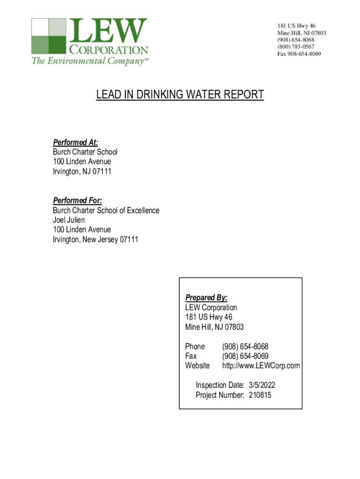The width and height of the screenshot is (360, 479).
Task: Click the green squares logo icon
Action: click(49, 36)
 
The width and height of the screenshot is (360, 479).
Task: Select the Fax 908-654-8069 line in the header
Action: click(299, 54)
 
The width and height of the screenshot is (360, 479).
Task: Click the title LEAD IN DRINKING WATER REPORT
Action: click(180, 95)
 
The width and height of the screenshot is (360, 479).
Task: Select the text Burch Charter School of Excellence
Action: click(106, 210)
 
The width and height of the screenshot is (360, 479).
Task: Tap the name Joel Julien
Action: click(69, 220)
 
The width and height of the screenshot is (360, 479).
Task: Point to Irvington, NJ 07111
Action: click(82, 172)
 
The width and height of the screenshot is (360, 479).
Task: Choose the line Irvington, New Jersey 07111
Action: click(95, 239)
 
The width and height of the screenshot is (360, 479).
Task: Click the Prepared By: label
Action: click(206, 298)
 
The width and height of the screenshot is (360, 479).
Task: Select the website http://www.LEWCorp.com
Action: click(261, 365)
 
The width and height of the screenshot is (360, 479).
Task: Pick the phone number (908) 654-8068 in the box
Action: click(245, 347)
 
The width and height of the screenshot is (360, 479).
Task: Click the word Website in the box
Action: click(197, 365)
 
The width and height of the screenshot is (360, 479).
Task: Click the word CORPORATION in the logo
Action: click(108, 50)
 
